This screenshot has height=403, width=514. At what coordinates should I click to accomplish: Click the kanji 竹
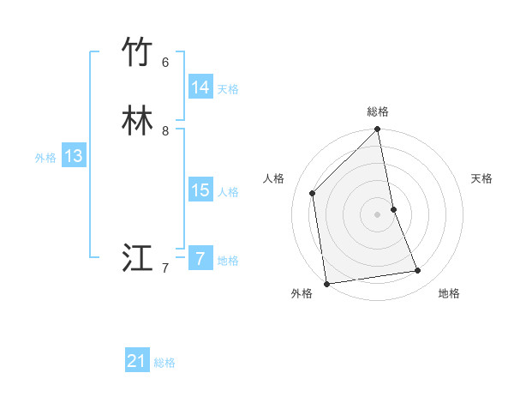click(x=137, y=52)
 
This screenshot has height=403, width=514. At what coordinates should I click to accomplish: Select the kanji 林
click(x=137, y=121)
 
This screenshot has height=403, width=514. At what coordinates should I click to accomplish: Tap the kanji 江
click(x=137, y=258)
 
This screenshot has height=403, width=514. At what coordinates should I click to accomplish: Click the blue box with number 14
click(x=200, y=87)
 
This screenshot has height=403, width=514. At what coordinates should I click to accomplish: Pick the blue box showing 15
click(x=200, y=190)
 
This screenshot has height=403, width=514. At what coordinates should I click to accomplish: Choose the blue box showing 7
click(x=200, y=258)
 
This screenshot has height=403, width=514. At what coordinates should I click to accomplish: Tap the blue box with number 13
click(x=74, y=156)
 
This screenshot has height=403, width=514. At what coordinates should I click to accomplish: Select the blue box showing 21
click(x=137, y=361)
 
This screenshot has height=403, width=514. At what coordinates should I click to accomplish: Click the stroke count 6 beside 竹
click(x=165, y=63)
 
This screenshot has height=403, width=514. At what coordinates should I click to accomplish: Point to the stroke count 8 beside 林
click(x=165, y=131)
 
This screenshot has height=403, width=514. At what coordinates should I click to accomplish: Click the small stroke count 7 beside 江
click(x=165, y=268)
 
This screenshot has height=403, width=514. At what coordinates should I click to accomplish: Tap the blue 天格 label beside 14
click(x=228, y=89)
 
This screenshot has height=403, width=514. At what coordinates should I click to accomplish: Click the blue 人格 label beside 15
click(x=228, y=192)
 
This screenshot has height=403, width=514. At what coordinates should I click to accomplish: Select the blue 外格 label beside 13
click(x=45, y=158)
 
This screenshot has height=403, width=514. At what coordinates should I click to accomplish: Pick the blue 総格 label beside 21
click(x=164, y=363)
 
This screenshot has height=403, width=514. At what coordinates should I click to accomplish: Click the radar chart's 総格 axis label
click(x=378, y=111)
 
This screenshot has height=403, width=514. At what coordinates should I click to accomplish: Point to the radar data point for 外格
click(x=326, y=283)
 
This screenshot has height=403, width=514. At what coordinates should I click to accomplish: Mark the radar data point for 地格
click(x=418, y=271)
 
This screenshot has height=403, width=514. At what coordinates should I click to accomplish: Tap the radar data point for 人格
click(x=313, y=193)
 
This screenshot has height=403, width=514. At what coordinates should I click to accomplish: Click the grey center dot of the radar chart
click(x=378, y=214)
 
